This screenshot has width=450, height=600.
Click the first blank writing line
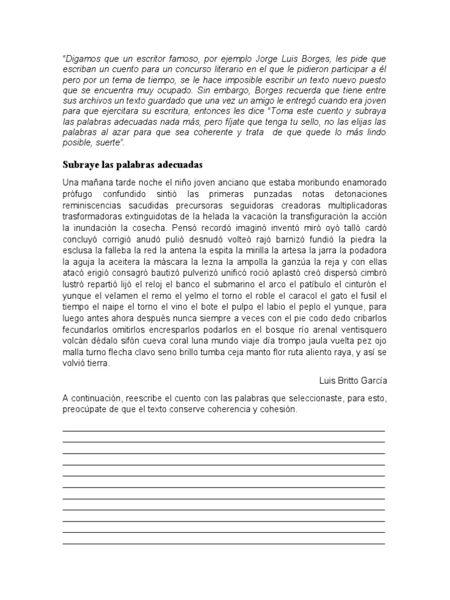click(x=223, y=431)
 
